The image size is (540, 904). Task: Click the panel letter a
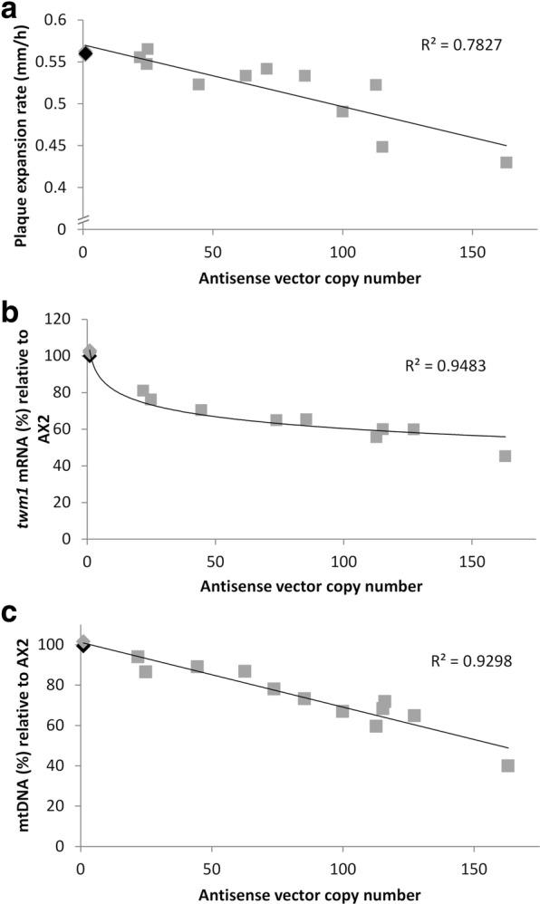pyautogui.click(x=11, y=13)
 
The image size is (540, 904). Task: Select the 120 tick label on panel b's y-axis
pyautogui.click(x=60, y=320)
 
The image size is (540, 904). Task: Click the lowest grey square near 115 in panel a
pyautogui.click(x=382, y=147)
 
